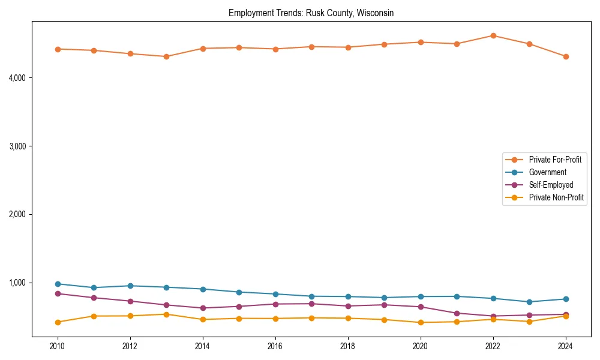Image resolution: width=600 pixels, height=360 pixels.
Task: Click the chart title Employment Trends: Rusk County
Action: coord(311,13)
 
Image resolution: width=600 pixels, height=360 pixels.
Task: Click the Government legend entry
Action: coord(547,172)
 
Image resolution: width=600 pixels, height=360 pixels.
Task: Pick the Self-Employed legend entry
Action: coord(551,185)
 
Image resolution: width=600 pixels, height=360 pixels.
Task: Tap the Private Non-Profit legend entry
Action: coord(556,197)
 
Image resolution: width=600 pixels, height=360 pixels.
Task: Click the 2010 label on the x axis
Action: coord(58,346)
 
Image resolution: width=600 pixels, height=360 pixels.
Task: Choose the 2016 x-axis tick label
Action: coord(275,346)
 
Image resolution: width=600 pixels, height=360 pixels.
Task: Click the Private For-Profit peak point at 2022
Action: coord(493,35)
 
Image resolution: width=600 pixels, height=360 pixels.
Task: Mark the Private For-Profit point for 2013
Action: coord(166,56)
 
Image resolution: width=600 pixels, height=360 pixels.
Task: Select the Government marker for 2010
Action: coord(58,284)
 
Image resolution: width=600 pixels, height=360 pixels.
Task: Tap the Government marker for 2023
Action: coord(529,302)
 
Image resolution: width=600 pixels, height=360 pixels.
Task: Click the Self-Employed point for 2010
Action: coord(58,293)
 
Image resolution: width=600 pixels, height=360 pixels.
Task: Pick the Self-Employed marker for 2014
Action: coord(203,308)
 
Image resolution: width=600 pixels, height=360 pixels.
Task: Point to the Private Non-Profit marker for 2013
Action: coord(166,314)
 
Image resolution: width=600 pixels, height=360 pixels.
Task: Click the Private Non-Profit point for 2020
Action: coord(421,322)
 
